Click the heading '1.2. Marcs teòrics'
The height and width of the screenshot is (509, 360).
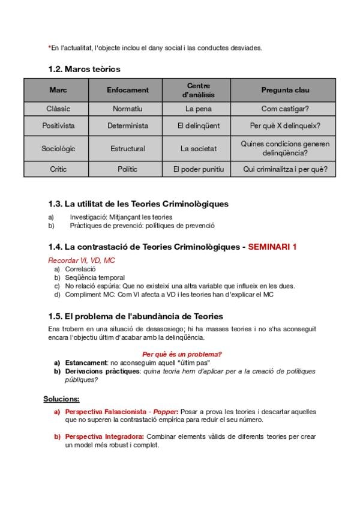[x=84, y=69]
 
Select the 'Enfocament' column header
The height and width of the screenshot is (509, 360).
[x=128, y=90]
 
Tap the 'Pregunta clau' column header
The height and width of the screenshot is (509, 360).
[x=285, y=90]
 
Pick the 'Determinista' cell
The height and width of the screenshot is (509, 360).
[x=128, y=126]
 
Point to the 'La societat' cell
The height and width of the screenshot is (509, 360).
[x=199, y=148]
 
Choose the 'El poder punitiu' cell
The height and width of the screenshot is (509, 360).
[x=199, y=169]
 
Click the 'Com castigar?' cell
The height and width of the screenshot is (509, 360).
[x=285, y=109]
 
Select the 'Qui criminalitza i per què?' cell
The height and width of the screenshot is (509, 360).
[x=285, y=169]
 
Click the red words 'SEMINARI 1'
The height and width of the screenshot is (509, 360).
[x=272, y=247]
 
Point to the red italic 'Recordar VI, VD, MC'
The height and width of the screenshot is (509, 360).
[x=82, y=261]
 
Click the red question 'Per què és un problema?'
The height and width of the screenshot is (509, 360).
[x=182, y=354]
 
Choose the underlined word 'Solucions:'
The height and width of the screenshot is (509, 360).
[x=61, y=399]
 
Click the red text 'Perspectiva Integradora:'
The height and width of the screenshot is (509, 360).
[x=104, y=436]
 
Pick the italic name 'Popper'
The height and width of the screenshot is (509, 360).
[x=165, y=412]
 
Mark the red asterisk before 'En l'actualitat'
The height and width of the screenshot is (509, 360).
[x=49, y=47]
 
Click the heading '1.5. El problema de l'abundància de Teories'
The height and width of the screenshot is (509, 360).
[x=136, y=316]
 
